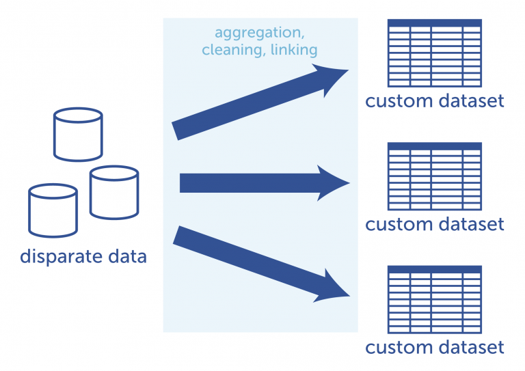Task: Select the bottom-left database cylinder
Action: click(53, 210)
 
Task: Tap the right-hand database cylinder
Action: click(114, 193)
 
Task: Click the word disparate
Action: click(62, 257)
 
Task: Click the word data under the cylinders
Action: click(126, 257)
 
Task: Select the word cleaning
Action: click(232, 50)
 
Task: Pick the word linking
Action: click(293, 50)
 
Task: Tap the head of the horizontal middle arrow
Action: click(335, 182)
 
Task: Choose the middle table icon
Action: click(434, 177)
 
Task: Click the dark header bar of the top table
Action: click(434, 23)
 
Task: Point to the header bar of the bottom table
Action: click(434, 269)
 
